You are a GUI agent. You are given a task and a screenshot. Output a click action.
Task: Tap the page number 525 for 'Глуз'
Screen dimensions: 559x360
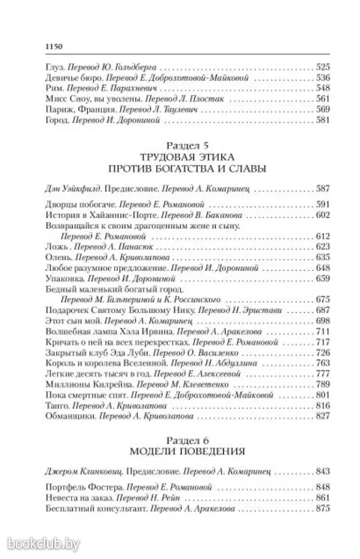click(321, 67)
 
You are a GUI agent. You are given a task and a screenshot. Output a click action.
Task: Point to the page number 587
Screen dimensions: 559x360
click(321, 188)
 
